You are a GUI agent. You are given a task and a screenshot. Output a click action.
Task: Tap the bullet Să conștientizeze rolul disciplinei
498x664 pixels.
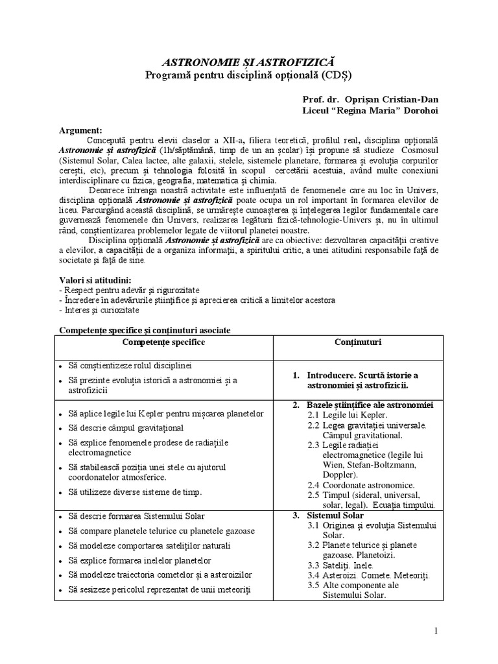coord(130,366)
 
